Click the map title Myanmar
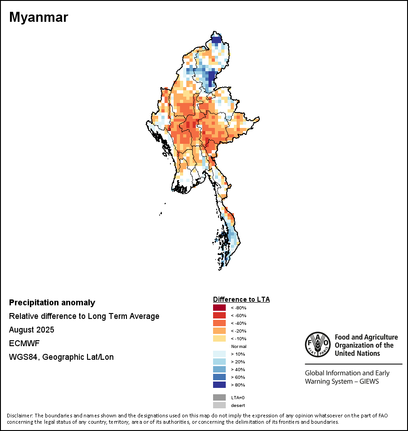(39, 18)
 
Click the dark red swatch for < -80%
(219, 308)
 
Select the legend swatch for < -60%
(219, 315)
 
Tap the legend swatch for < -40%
(219, 323)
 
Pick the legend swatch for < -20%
(219, 331)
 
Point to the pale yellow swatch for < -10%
(219, 338)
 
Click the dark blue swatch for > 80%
(219, 385)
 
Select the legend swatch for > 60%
(219, 377)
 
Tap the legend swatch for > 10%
(219, 354)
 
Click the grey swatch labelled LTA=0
(219, 397)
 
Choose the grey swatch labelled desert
(219, 405)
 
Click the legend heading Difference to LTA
(241, 299)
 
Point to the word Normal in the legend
(238, 346)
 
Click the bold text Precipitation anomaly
(52, 303)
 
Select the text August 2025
(31, 329)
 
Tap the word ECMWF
(22, 343)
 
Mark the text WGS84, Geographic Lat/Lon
(61, 357)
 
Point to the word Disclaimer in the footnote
(19, 416)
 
